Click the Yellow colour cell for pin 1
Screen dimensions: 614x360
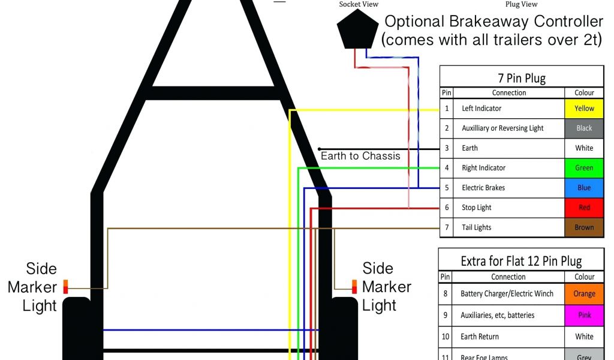pos(584,109)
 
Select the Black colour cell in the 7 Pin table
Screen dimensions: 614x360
pos(584,128)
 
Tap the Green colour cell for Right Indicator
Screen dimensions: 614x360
pos(584,168)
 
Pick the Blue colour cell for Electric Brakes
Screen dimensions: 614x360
pos(584,188)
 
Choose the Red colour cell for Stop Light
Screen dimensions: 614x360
pos(584,208)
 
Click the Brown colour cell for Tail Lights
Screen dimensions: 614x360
pos(584,227)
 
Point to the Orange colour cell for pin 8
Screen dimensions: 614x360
pos(584,294)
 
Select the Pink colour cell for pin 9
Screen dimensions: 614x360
pos(584,315)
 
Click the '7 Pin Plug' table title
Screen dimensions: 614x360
pos(522,78)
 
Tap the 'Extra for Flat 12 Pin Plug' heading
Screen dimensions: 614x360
pos(521,261)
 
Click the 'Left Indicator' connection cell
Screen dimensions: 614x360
pos(481,109)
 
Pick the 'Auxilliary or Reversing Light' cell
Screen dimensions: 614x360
pos(502,128)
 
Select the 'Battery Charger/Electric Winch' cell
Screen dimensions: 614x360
pos(507,294)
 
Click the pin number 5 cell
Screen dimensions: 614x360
pos(446,188)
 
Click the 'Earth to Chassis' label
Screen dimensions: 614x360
pos(360,156)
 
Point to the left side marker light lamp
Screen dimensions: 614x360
pos(67,286)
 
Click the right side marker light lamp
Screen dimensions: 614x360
pos(354,286)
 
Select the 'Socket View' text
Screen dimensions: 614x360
pos(359,4)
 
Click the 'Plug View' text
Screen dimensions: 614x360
pos(521,4)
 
